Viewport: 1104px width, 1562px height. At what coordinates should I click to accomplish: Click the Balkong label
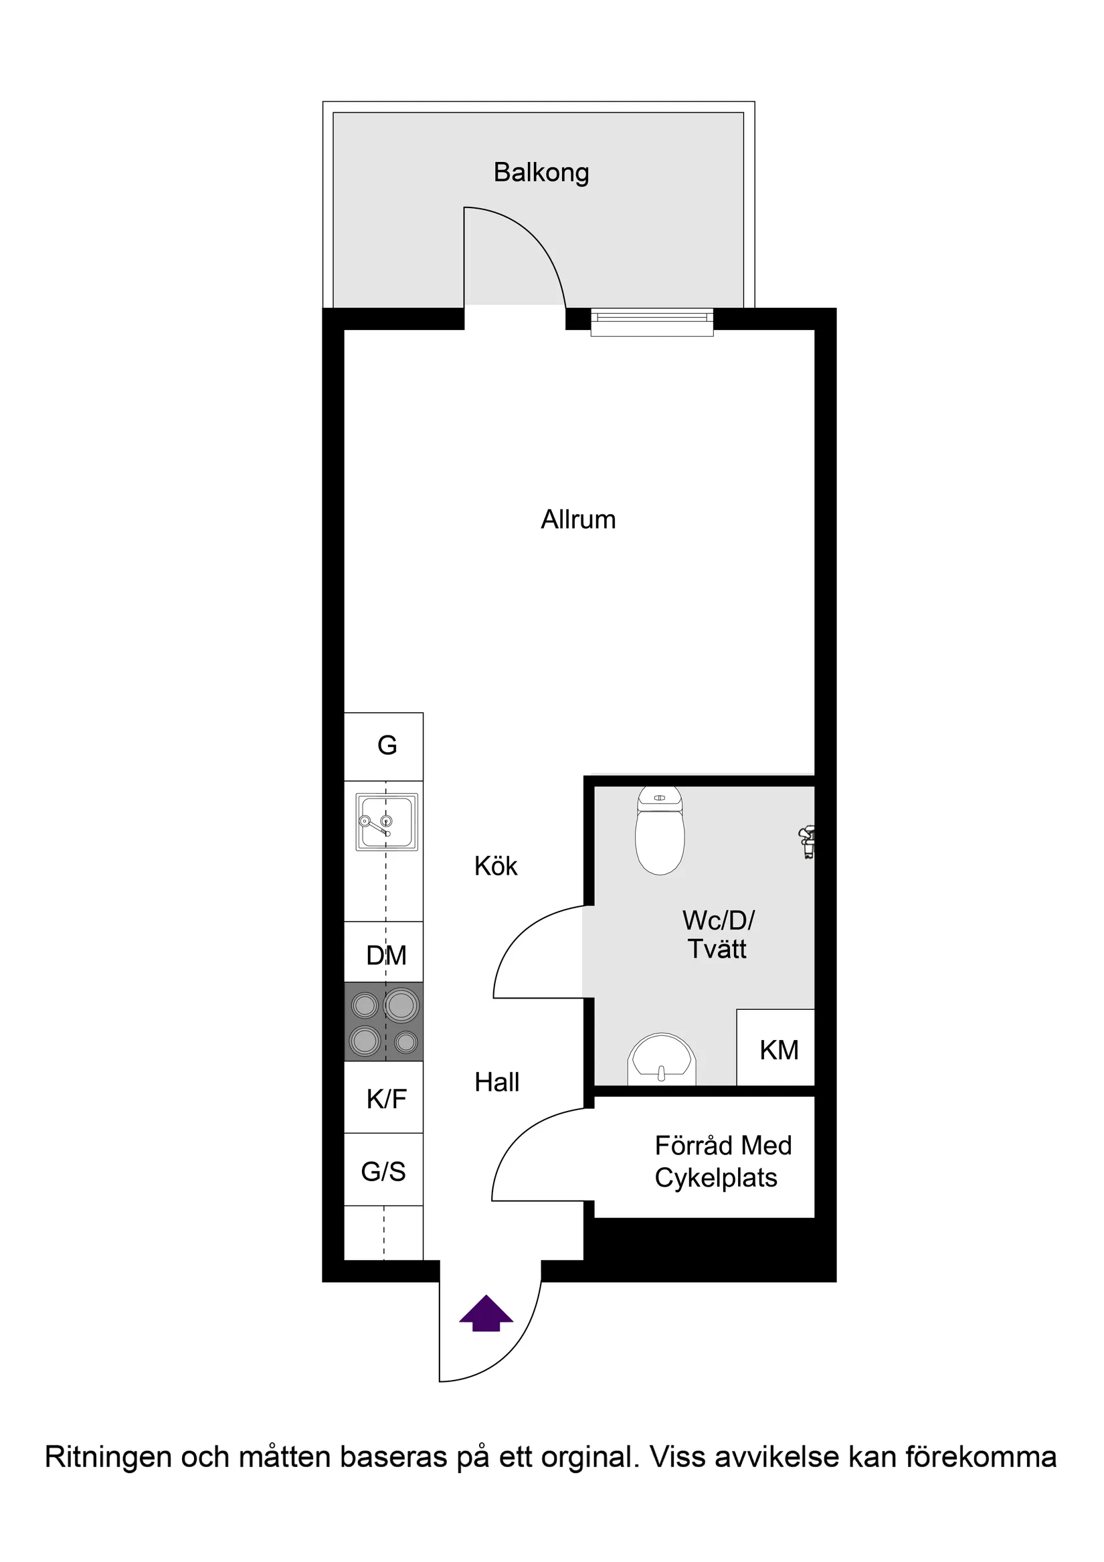click(541, 173)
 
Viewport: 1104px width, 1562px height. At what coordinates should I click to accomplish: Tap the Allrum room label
click(578, 520)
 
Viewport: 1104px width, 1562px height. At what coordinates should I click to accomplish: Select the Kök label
click(496, 867)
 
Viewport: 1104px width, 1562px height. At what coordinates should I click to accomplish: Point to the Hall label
click(496, 1082)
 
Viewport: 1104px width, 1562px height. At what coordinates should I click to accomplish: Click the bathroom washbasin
click(662, 1061)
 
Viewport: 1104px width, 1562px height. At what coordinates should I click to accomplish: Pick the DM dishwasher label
click(385, 956)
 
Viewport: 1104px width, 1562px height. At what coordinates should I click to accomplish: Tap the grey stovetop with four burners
click(383, 1021)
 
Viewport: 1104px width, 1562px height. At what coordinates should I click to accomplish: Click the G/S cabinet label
click(383, 1171)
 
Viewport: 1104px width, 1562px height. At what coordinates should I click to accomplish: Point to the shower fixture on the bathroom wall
click(808, 842)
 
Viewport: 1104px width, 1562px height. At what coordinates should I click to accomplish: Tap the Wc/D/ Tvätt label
click(718, 935)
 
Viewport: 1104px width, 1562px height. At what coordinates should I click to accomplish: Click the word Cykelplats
click(716, 1179)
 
